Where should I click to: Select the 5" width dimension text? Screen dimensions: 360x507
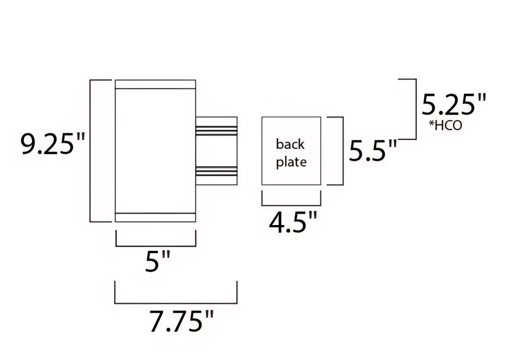(x=158, y=262)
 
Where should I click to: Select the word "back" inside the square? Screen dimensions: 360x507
(x=290, y=144)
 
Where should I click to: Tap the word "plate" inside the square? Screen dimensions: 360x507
(x=291, y=162)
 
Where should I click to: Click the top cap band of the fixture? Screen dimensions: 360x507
(x=155, y=84)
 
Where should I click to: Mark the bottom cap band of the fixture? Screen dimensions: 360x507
(x=155, y=217)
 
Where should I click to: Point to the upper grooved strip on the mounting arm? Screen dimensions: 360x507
(x=217, y=130)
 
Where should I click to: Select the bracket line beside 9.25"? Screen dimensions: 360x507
(x=92, y=150)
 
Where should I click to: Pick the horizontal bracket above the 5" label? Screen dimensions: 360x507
(x=155, y=245)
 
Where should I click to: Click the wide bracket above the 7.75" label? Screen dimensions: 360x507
(x=176, y=304)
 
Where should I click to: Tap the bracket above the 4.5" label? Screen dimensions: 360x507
(x=292, y=205)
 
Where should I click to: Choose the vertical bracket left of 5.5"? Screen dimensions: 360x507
(x=343, y=151)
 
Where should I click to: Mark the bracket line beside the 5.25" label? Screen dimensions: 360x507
(x=416, y=109)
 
